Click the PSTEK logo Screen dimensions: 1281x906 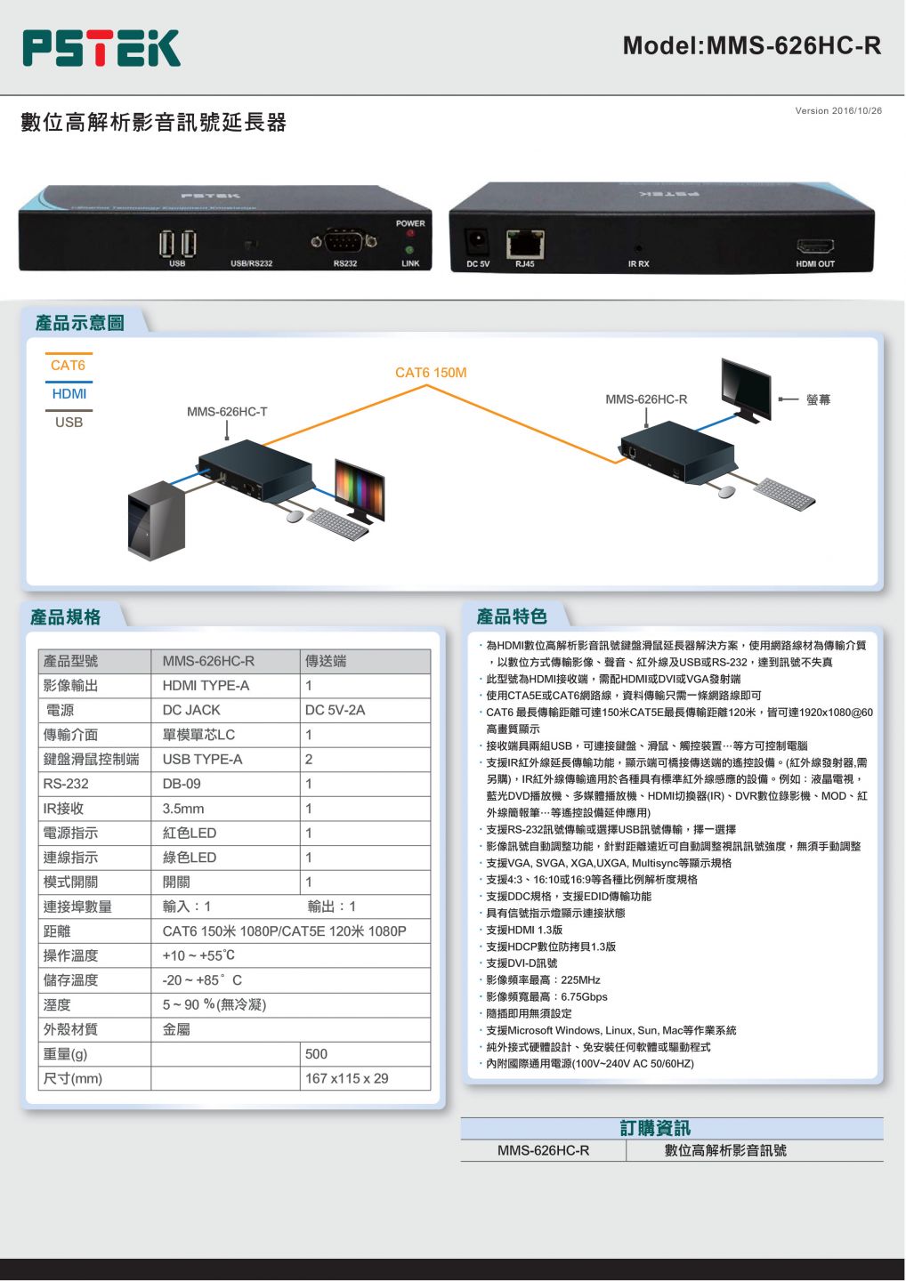point(101,48)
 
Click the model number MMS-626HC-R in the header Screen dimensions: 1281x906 point(751,45)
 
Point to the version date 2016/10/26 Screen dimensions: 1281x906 point(838,111)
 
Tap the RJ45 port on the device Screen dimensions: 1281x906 point(525,243)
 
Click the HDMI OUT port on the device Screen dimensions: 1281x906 point(814,246)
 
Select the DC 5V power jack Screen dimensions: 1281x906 point(478,241)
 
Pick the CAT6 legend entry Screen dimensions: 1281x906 point(69,366)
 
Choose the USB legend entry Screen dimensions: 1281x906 point(69,423)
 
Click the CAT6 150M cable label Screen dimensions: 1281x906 point(431,373)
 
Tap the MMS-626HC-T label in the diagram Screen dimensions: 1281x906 point(227,412)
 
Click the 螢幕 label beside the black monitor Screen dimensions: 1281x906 point(818,399)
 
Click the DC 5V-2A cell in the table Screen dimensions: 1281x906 point(335,710)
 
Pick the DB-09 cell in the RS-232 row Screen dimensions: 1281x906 point(182,784)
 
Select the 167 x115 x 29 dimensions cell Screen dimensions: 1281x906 point(347,1078)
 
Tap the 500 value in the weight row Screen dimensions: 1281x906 point(316,1054)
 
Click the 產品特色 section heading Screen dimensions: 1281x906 point(512,616)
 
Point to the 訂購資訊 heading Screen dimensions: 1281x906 point(655,1128)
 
